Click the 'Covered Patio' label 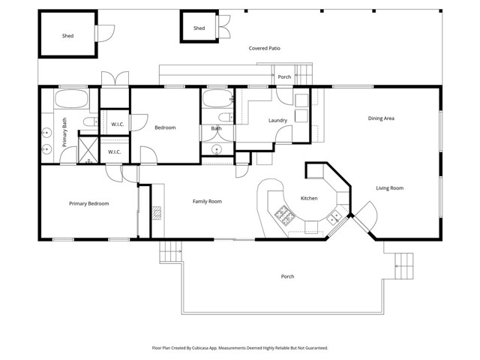(x=269, y=48)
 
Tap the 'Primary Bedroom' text (x=88, y=203)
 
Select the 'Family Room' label (x=207, y=201)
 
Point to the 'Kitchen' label (x=310, y=199)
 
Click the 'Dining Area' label (x=381, y=118)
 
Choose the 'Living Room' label (x=389, y=188)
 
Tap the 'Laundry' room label (x=278, y=121)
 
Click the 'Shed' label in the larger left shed (x=67, y=35)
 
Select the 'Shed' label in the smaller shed (x=199, y=28)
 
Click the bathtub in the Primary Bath (x=70, y=100)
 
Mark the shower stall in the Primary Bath (x=88, y=149)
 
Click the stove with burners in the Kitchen (x=286, y=216)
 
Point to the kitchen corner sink (x=335, y=217)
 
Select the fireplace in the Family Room (x=156, y=212)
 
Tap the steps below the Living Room (x=403, y=263)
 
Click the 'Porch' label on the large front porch (x=287, y=276)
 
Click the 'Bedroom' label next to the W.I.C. (x=165, y=127)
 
